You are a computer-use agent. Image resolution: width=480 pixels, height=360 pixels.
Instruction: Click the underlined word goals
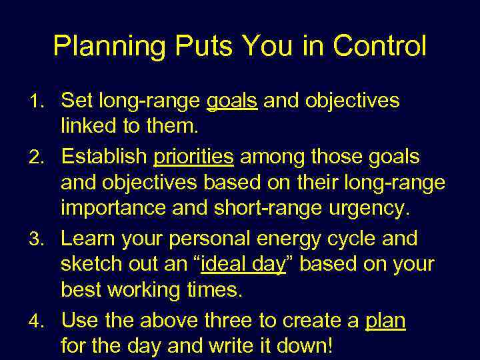click(232, 101)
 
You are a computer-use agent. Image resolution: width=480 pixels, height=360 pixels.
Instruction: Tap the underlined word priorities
click(193, 157)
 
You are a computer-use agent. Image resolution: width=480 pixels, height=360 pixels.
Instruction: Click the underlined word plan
click(385, 321)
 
